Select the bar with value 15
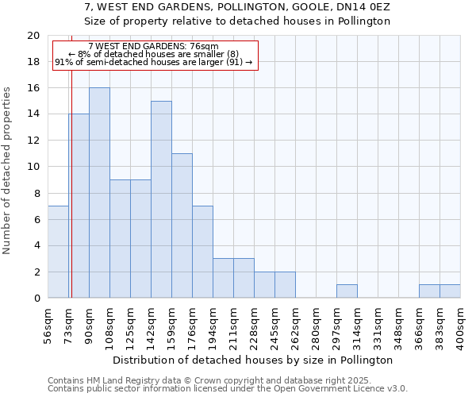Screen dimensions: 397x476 pos(161,199)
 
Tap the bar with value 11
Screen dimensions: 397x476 pos(182,225)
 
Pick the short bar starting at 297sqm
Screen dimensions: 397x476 pos(347,291)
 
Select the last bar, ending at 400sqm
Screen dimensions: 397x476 pos(450,291)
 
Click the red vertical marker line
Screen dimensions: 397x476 pos(71,198)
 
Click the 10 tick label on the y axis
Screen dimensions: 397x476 pos(33,167)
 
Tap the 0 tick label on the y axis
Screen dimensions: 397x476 pos(36,299)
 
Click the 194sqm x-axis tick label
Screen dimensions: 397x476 pos(213,325)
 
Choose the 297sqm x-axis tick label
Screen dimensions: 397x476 pos(337,325)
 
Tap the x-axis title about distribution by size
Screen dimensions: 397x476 pos(254,360)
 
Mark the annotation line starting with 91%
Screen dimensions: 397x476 pos(154,62)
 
